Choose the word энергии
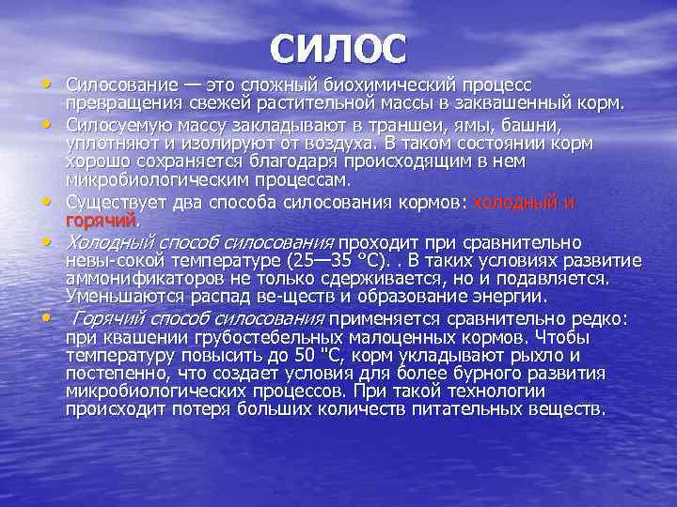coord(501,297)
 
